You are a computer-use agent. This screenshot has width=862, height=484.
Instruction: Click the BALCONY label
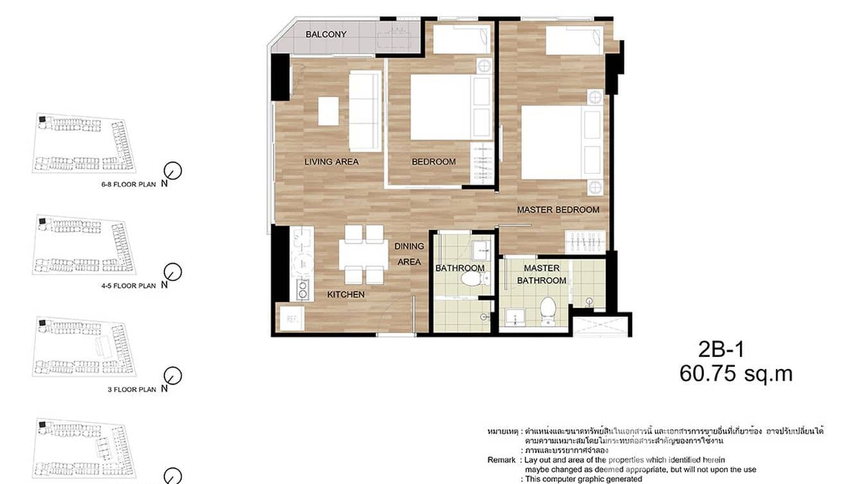coord(326,34)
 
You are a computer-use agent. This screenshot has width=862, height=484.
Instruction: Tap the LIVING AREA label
coord(331,162)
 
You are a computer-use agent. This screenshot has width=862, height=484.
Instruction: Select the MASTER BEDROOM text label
coord(558,210)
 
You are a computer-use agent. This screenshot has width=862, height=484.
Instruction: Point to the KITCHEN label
coord(346,295)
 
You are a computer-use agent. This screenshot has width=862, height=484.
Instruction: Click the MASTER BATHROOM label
coord(541,274)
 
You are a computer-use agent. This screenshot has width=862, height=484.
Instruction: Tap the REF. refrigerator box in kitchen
coord(291,318)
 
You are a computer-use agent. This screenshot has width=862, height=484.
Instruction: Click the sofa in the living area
coord(364,110)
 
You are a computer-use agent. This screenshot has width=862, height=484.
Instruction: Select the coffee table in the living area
coord(328,110)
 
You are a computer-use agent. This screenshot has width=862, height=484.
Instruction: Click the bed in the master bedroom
coord(552,143)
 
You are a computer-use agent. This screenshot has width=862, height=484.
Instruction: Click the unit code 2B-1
coord(721,349)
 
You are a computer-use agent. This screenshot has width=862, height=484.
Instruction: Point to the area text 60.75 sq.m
coord(736,374)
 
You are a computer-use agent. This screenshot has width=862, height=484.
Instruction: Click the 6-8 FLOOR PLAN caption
coord(128,184)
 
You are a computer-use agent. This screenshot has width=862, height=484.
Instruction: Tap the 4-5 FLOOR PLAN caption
coord(128,286)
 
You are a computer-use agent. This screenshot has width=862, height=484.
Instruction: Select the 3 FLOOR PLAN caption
coord(132,389)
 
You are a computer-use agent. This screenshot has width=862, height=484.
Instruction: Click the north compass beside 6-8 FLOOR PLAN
coord(173,171)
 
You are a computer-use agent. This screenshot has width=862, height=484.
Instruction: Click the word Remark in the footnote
coord(501,460)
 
